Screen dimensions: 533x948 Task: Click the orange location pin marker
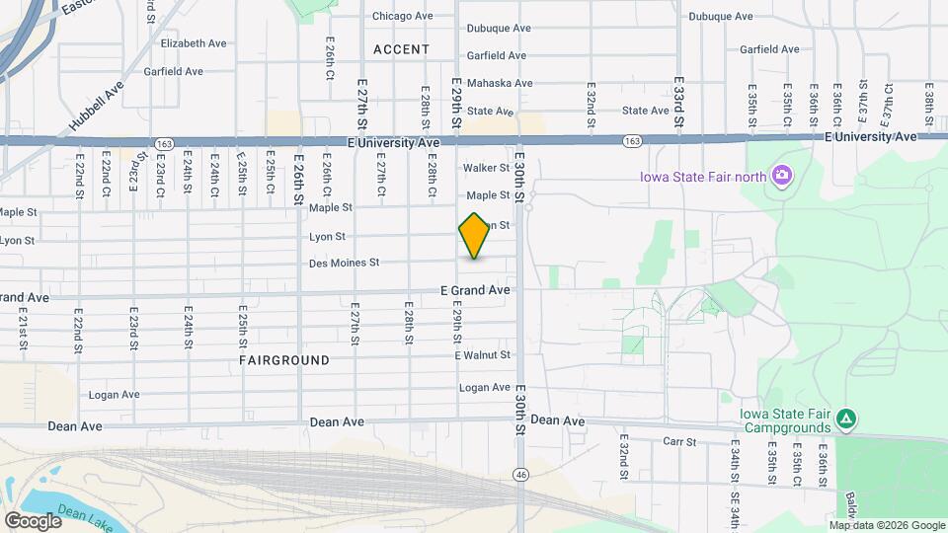(x=474, y=236)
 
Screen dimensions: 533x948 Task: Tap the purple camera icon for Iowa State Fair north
(x=782, y=176)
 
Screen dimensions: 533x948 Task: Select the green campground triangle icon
(x=845, y=419)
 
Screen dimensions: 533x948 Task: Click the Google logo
(x=33, y=520)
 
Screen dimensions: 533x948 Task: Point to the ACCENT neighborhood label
(x=402, y=49)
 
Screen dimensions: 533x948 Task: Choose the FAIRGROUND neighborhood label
(x=284, y=360)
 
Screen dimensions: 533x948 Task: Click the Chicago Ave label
(x=402, y=17)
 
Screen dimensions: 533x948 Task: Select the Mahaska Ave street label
(x=499, y=84)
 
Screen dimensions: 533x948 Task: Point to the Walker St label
(x=485, y=169)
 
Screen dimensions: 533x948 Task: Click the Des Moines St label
(x=345, y=263)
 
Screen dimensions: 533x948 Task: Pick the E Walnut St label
(x=483, y=355)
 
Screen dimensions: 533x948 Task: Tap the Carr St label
(x=680, y=441)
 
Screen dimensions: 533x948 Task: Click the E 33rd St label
(x=679, y=94)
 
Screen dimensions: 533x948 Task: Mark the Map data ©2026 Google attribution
(x=887, y=525)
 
